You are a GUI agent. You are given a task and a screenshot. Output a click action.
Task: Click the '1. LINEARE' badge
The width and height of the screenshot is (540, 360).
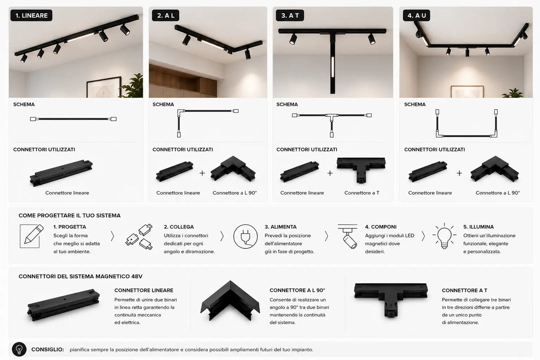point(31,16)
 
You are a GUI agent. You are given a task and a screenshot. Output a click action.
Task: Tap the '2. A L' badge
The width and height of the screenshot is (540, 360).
point(165,16)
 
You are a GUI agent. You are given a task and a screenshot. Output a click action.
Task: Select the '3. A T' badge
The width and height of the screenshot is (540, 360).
point(290,16)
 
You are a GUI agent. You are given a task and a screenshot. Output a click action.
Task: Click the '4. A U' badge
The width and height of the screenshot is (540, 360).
point(417,16)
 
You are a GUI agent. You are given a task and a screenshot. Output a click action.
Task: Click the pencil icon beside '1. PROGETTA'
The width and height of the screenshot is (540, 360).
point(32,236)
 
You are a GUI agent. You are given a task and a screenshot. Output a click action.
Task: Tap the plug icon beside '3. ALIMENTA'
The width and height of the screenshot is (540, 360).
point(245,237)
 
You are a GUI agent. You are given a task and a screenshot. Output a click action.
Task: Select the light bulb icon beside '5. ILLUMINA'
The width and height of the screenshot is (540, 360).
point(444,236)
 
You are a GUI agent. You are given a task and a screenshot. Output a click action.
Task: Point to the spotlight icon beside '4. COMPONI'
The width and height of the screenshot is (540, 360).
point(348,236)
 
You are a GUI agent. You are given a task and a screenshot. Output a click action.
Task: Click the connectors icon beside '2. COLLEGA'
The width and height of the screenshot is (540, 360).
point(139,237)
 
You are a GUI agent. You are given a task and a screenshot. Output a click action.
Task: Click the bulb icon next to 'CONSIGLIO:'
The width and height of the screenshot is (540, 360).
point(19,349)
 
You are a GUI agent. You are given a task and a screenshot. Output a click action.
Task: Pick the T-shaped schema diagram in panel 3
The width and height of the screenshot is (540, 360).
point(332,124)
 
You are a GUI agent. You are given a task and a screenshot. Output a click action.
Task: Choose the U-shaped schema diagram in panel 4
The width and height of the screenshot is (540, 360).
point(467,123)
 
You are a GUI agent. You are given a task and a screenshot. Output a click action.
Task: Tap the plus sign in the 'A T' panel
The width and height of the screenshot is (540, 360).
point(330,173)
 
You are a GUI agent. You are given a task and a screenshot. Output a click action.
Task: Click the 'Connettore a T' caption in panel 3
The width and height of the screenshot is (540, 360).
point(362,193)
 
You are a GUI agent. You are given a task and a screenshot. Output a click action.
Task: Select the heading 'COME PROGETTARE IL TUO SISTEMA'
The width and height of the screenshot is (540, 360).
point(70,216)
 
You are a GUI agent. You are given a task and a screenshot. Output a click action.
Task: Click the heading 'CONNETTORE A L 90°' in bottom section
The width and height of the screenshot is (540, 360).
point(297,290)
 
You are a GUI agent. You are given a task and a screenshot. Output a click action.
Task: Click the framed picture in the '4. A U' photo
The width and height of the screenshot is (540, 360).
point(467,92)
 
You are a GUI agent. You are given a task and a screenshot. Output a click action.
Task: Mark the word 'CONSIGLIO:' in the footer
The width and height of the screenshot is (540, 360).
point(48,349)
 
